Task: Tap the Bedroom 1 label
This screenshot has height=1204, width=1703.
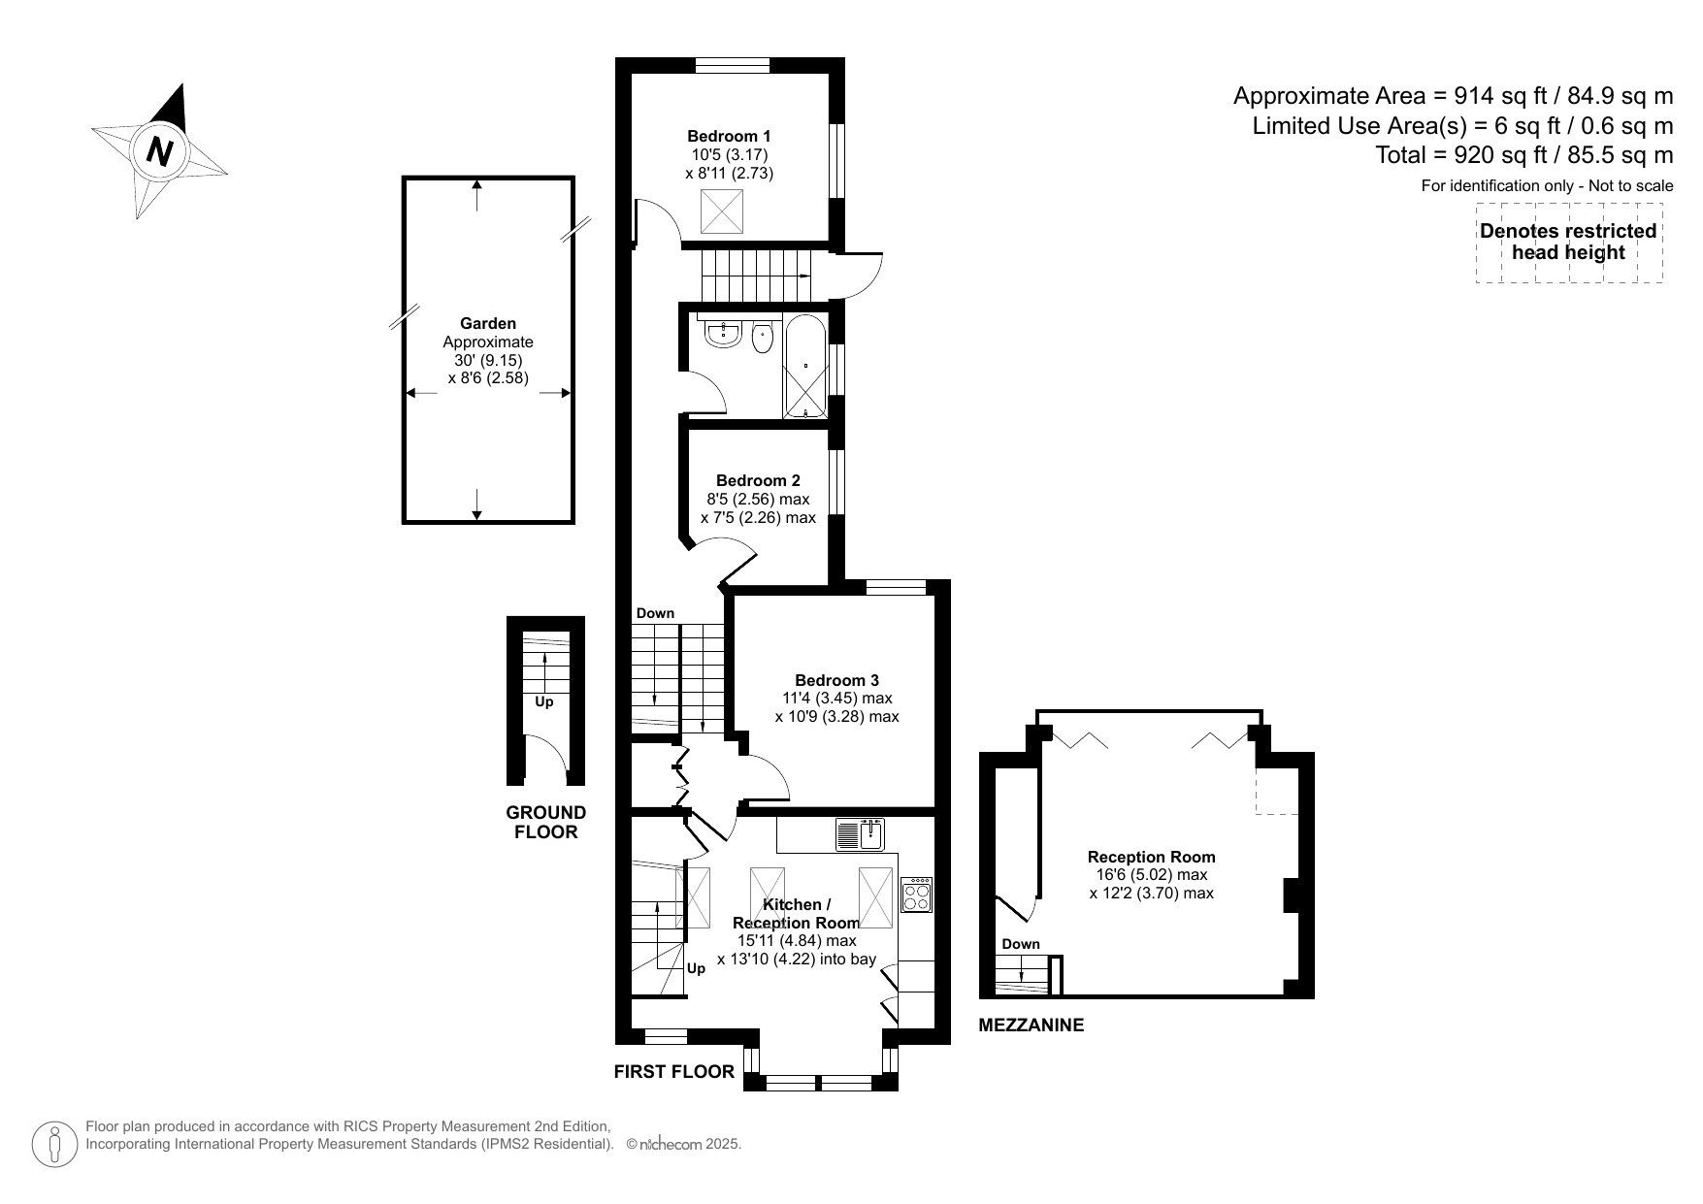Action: pos(729,136)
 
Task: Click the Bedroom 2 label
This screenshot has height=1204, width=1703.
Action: pos(758,480)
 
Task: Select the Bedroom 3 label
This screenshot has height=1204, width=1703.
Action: pos(836,680)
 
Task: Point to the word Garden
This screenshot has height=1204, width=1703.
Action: pos(488,323)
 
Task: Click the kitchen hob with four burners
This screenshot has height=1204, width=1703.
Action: pos(917,895)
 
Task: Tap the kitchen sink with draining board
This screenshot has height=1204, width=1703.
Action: pos(859,834)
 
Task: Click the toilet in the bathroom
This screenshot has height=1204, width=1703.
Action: pos(763,339)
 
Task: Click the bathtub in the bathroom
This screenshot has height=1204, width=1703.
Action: pos(805,367)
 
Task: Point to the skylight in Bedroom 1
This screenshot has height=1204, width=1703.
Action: pos(721,212)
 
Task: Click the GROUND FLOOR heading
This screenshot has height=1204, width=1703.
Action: pos(546,822)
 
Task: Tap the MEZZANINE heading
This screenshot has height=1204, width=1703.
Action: pos(1031,1025)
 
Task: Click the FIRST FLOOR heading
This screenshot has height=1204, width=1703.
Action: pos(673,1071)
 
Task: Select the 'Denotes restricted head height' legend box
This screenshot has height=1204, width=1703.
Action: pos(1568,243)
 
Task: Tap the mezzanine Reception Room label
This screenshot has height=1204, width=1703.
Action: pos(1151,857)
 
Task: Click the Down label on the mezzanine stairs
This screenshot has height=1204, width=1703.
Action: pos(1020,944)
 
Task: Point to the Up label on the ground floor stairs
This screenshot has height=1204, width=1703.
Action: pos(544,701)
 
